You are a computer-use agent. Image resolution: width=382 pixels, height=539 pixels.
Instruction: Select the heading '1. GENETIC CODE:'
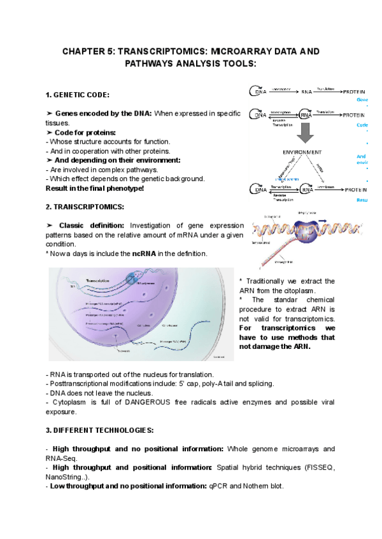tap(78, 95)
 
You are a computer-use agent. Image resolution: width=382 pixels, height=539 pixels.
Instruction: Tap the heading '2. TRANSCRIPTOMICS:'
tap(80, 207)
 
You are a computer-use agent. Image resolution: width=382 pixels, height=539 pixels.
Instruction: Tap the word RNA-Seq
tap(62, 458)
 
